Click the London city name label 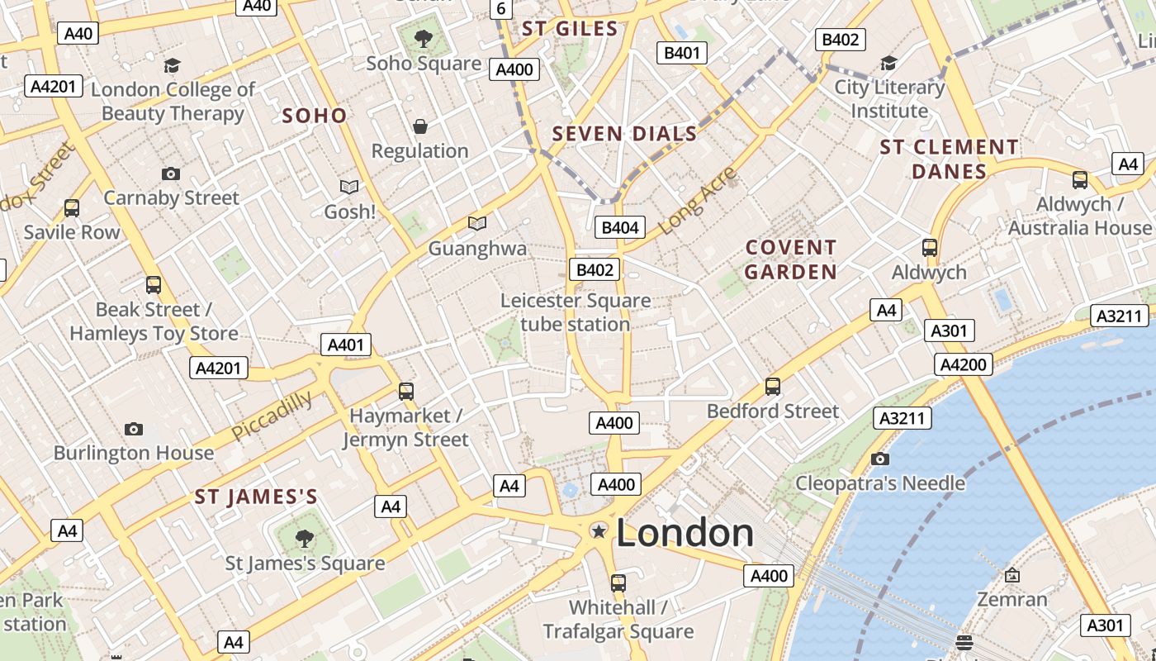pos(685,533)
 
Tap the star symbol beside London pos(599,531)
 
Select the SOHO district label pos(315,116)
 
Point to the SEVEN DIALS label pos(624,134)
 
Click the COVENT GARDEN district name pos(791,259)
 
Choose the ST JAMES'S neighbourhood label pos(256,497)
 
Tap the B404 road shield pos(620,228)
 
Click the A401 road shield pos(346,345)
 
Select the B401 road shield pos(682,54)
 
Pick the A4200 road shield pos(964,364)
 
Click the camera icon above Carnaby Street pos(171,174)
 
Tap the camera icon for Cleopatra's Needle pos(880,459)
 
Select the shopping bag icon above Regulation pos(420,126)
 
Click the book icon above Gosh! pos(349,188)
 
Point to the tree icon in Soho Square pos(424,37)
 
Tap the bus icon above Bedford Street pos(773,386)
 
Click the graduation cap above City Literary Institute pos(888,63)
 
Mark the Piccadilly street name pos(272,416)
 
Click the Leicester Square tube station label pos(576,312)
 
